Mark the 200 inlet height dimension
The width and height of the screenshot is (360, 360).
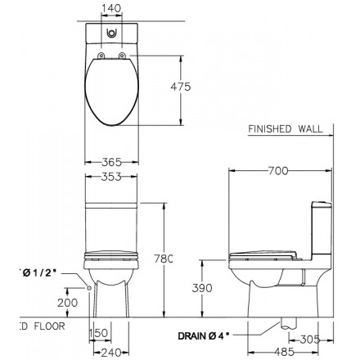70,301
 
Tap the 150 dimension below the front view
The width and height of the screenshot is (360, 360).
99,332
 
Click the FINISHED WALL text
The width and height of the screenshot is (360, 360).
286,128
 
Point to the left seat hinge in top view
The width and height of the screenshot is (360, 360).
99,55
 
